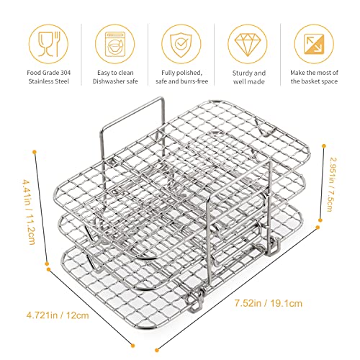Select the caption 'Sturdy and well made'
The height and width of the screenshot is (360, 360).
(249, 77)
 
